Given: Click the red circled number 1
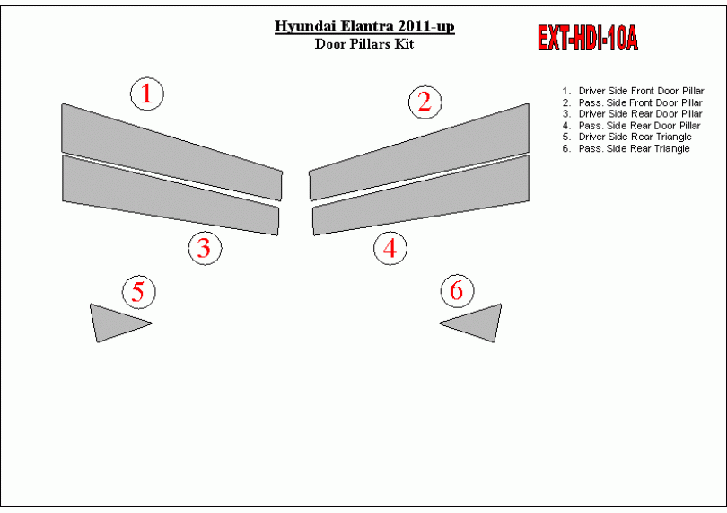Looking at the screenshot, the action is (147, 93).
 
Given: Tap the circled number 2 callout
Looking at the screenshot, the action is (425, 102).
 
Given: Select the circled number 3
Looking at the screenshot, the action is (205, 248).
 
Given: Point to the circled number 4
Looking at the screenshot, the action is (390, 248).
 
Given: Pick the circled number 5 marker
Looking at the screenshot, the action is (138, 292).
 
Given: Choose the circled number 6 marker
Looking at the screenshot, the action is (457, 290).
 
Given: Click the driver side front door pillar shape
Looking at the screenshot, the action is (171, 151).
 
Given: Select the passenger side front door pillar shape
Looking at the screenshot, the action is (419, 151).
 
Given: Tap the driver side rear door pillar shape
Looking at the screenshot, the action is (171, 194).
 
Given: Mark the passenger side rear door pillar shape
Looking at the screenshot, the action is (421, 194).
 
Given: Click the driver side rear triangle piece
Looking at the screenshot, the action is (113, 323).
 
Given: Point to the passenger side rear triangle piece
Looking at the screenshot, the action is (478, 323).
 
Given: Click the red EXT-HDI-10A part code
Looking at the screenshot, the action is (588, 38).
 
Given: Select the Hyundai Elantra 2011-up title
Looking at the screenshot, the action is (364, 26).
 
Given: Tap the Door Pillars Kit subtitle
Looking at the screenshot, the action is (364, 44).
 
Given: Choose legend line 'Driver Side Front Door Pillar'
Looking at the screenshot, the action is (634, 91).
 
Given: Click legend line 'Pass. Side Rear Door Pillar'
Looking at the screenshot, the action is (632, 126).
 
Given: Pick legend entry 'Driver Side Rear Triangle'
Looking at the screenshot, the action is (626, 137).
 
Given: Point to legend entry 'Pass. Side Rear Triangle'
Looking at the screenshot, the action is (626, 148).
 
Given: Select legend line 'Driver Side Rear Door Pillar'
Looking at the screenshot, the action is (633, 114).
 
